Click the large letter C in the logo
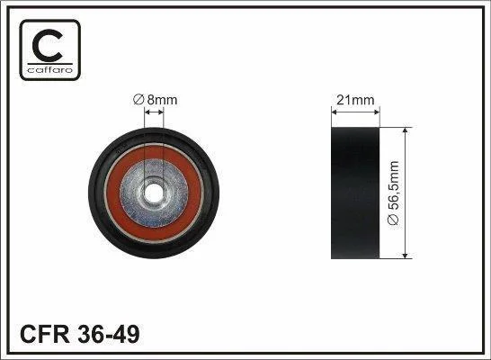click(x=48, y=46)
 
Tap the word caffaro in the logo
click(x=49, y=70)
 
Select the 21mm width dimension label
click(x=355, y=100)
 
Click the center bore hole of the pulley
click(x=154, y=193)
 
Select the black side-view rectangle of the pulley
click(x=355, y=193)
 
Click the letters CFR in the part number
click(x=44, y=334)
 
